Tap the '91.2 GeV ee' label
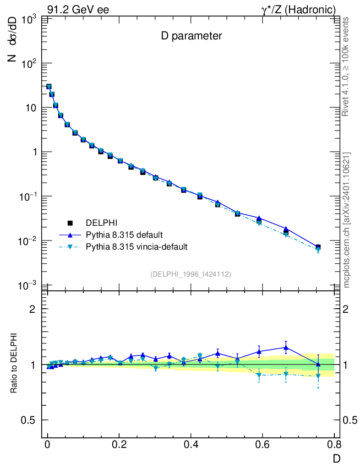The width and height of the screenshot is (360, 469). click(78, 10)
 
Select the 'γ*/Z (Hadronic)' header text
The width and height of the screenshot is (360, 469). click(299, 10)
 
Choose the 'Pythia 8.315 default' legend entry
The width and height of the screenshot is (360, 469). click(123, 235)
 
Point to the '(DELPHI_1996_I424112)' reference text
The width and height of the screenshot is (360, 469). click(190, 274)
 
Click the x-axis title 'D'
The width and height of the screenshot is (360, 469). click(336, 458)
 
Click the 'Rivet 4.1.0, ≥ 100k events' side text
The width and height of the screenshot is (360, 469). click(347, 67)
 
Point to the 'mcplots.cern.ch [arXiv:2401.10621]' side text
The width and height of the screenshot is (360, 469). click(347, 220)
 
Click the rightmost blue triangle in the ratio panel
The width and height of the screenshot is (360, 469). click(318, 364)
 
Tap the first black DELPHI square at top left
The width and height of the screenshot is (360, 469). click(49, 87)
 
